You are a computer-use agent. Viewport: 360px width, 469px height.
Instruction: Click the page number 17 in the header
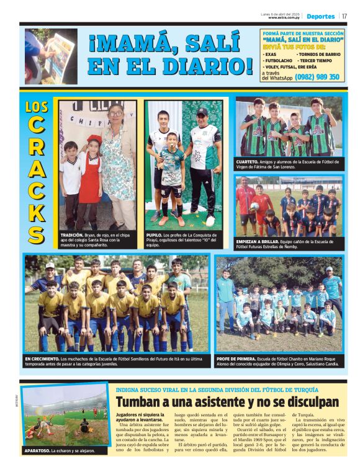(344, 16)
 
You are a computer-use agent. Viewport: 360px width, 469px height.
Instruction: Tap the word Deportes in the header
(320, 16)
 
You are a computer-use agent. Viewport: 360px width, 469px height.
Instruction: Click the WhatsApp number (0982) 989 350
(317, 77)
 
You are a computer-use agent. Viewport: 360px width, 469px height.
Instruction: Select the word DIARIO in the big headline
(209, 65)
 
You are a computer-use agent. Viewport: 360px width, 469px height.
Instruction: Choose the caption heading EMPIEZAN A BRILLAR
(261, 241)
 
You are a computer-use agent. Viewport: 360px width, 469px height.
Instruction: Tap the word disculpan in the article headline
(308, 401)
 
